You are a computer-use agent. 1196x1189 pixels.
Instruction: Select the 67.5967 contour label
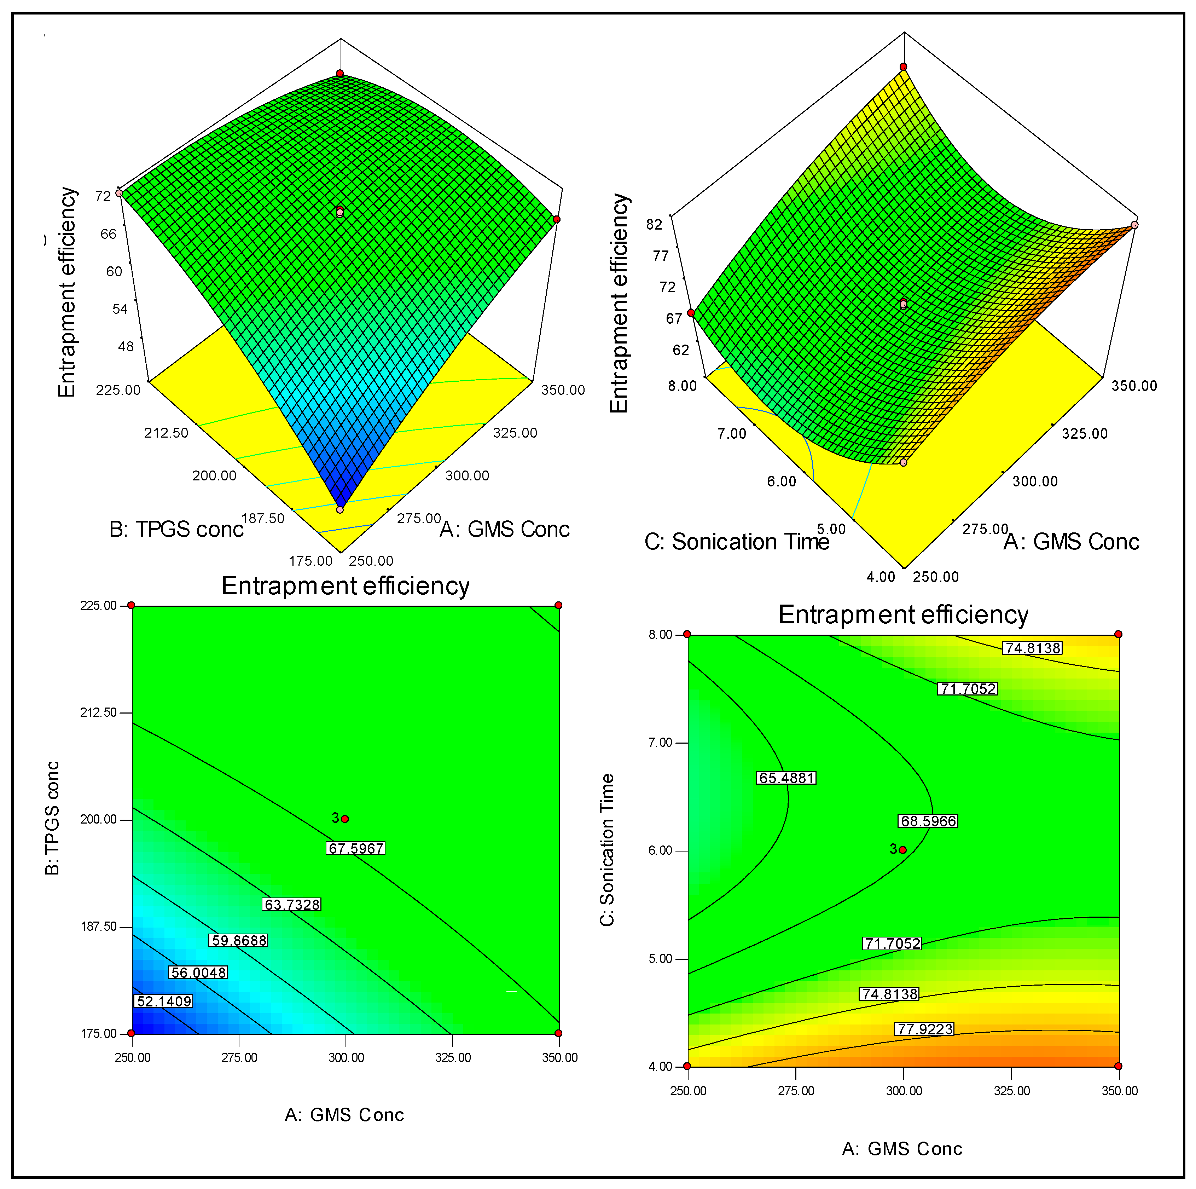(355, 848)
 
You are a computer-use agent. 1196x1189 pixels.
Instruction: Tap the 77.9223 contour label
(924, 1029)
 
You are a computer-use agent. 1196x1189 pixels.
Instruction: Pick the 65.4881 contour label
(786, 778)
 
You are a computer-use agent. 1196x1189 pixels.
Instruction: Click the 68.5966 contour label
(928, 821)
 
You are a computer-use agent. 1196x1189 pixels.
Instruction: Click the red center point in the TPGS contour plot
(345, 819)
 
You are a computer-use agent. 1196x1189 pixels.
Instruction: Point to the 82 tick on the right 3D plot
(654, 224)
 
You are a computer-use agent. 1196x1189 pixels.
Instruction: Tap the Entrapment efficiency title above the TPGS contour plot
(346, 586)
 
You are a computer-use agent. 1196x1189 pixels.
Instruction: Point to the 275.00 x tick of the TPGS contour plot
(239, 1057)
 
